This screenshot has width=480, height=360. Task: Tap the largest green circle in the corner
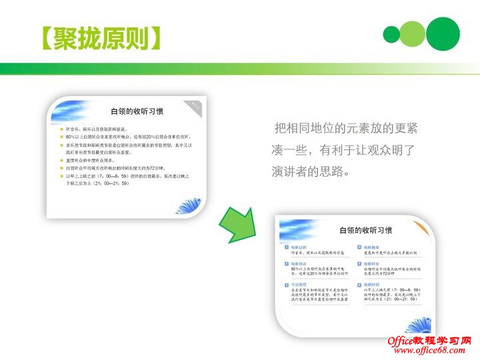[443, 33]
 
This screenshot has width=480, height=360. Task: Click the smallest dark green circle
[392, 34]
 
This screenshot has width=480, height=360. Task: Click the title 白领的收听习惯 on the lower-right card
[365, 231]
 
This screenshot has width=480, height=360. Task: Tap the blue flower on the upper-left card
[189, 204]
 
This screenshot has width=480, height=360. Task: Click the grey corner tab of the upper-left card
[196, 104]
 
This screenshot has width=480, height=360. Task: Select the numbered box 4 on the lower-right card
[359, 247]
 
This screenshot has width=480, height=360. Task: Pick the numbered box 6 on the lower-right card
[359, 285]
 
